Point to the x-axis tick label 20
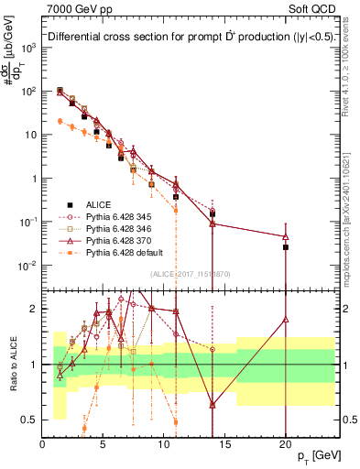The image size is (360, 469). (x=286, y=444)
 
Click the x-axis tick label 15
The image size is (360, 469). (x=224, y=444)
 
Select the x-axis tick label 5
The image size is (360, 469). (x=104, y=444)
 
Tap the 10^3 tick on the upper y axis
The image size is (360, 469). (x=29, y=48)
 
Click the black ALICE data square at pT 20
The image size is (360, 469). (x=286, y=247)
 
